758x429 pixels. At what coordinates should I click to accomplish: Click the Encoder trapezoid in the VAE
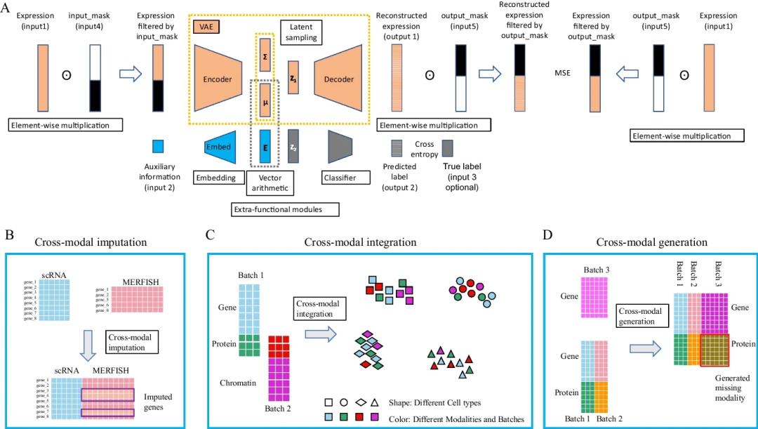[x=218, y=79]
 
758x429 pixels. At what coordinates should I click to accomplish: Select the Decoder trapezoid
[x=339, y=79]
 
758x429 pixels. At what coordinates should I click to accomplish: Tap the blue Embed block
[x=219, y=147]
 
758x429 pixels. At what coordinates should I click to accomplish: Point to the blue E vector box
[x=265, y=147]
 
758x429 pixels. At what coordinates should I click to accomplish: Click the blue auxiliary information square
[x=158, y=146]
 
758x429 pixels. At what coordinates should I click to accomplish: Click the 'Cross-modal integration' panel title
[x=360, y=242]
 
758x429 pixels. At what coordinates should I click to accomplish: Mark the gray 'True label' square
[x=447, y=147]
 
